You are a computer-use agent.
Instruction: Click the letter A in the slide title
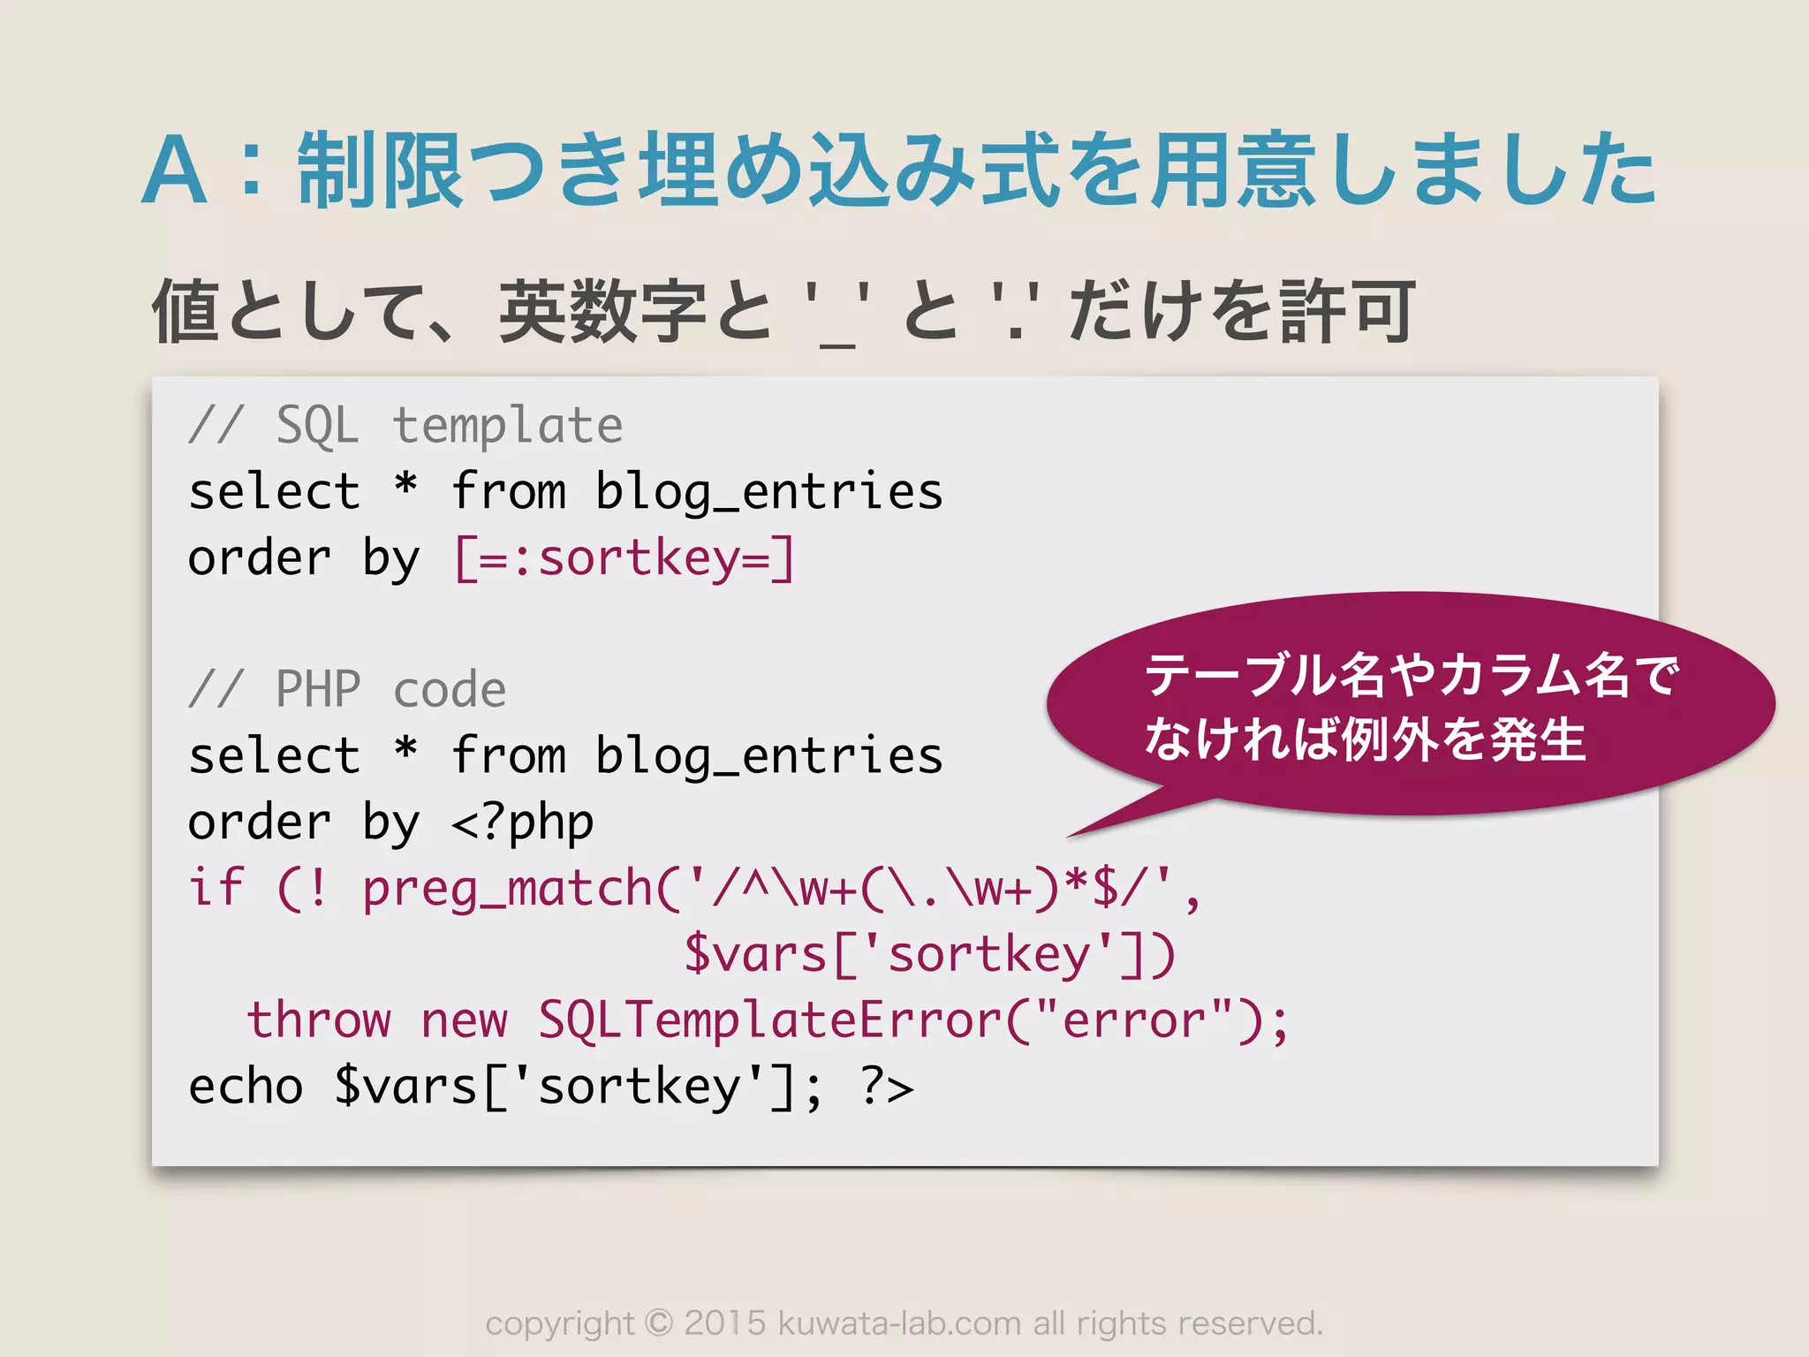pyautogui.click(x=175, y=172)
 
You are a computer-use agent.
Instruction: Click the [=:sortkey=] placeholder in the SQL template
pyautogui.click(x=624, y=558)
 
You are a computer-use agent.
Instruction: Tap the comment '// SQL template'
pyautogui.click(x=405, y=426)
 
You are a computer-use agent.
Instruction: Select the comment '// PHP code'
pyautogui.click(x=347, y=689)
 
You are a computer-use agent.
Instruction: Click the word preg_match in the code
pyautogui.click(x=507, y=889)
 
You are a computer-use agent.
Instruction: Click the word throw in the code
pyautogui.click(x=318, y=1020)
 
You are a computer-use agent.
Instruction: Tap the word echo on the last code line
pyautogui.click(x=246, y=1087)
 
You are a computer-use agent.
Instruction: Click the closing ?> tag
pyautogui.click(x=887, y=1087)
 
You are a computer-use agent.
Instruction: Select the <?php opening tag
pyautogui.click(x=522, y=823)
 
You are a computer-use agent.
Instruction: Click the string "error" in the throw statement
pyautogui.click(x=1133, y=1020)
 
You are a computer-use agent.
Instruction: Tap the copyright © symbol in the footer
pyautogui.click(x=658, y=1323)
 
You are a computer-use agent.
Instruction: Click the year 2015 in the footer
pyautogui.click(x=725, y=1323)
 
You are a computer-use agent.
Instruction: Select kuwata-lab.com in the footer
pyautogui.click(x=898, y=1323)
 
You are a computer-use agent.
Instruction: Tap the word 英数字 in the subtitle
pyautogui.click(x=602, y=311)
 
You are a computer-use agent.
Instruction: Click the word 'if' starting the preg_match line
pyautogui.click(x=216, y=887)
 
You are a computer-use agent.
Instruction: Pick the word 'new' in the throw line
pyautogui.click(x=464, y=1020)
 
